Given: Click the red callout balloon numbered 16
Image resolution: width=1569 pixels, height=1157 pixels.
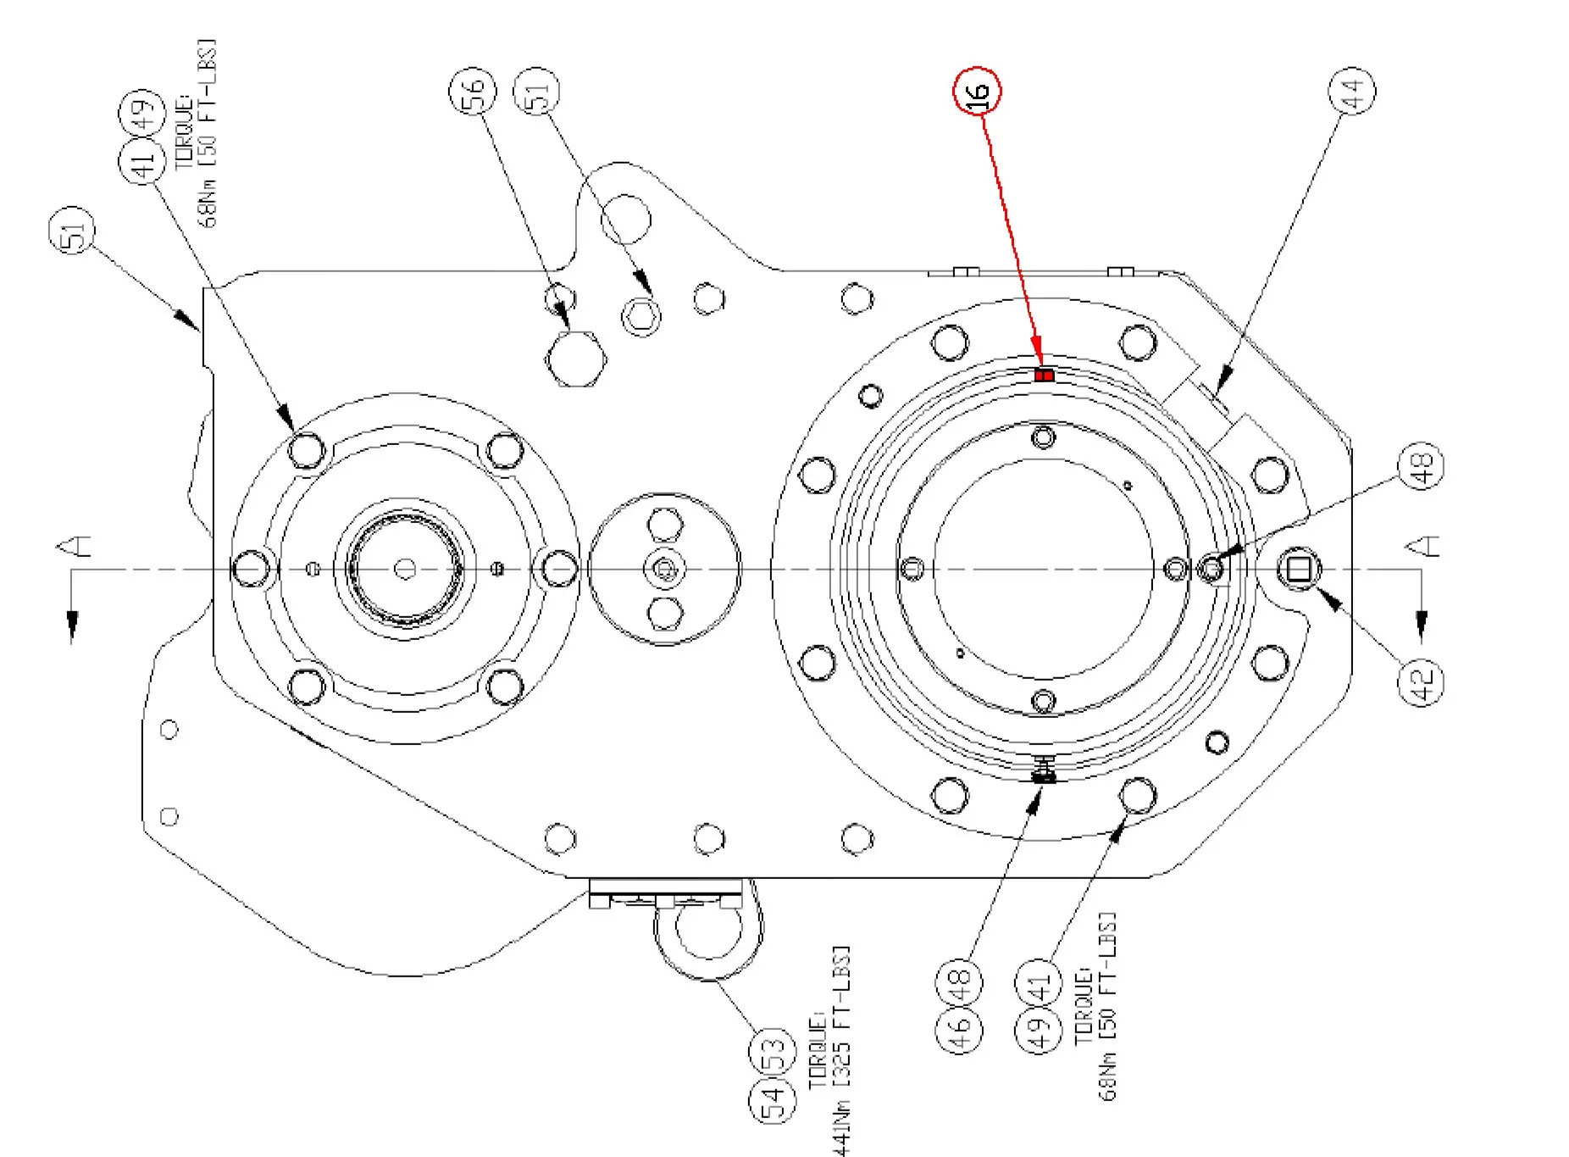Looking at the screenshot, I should point(978,91).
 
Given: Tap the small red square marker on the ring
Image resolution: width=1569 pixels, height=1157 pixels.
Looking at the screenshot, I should point(1045,375).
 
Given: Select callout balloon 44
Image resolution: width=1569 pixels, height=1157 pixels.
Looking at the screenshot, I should point(1351,91).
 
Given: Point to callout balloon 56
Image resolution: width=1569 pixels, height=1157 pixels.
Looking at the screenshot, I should point(473,91).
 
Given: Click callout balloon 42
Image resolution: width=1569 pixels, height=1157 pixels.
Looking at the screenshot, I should point(1421,681).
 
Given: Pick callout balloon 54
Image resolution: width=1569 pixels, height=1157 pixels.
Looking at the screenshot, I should point(773,1100).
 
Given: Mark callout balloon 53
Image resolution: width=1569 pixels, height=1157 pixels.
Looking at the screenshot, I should point(773,1051).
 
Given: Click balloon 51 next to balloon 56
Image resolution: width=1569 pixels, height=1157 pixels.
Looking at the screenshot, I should point(538,91).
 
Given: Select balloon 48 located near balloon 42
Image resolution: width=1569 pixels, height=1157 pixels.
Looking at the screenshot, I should point(1421,465).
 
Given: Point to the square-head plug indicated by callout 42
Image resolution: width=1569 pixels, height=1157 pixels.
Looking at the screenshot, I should point(1299,569).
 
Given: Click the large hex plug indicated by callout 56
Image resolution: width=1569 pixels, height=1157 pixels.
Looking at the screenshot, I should point(576,359).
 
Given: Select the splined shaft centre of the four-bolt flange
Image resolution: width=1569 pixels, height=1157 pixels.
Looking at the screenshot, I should point(406,569).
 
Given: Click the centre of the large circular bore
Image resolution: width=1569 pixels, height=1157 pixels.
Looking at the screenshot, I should point(1044,569).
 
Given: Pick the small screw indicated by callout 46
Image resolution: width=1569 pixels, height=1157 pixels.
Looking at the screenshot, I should point(1045,774).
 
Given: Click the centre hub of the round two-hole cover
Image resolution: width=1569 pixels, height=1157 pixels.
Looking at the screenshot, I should point(665,569).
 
